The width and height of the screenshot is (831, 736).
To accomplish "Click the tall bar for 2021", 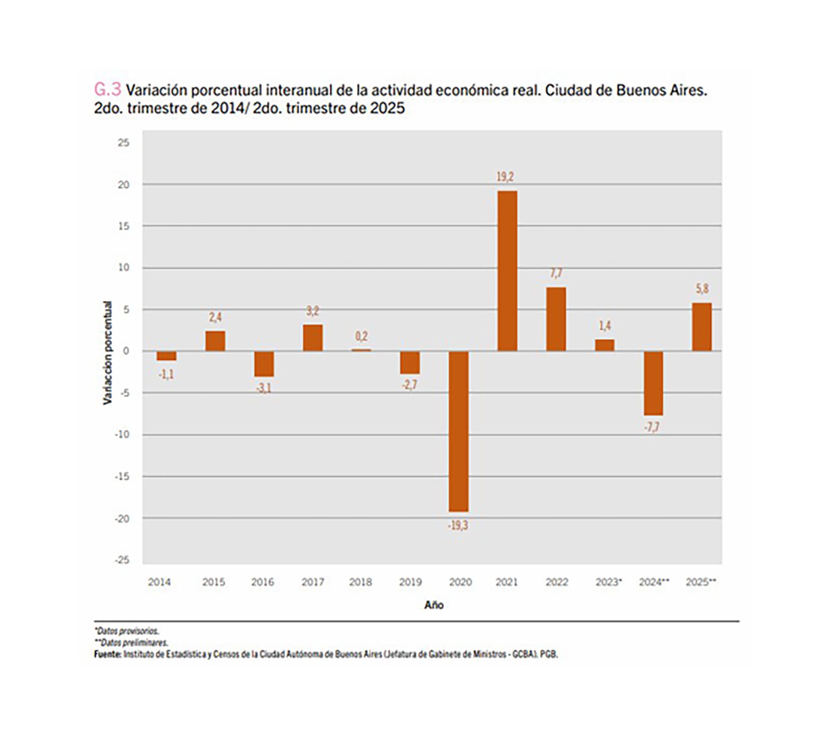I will point(507,270).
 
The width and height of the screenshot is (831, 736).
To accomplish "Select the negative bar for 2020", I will point(458,431).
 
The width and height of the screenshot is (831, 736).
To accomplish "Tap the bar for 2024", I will point(653,383).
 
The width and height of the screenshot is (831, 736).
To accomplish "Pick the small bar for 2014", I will point(166,356).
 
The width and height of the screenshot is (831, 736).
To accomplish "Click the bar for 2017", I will point(312,337).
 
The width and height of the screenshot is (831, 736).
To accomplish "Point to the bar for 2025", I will point(702,327).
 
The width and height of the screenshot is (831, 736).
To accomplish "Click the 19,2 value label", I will point(505,177).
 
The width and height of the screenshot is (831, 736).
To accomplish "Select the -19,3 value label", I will point(457,526).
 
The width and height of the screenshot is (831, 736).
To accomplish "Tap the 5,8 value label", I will point(702,289).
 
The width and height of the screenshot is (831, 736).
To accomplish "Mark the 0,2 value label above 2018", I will point(361,336).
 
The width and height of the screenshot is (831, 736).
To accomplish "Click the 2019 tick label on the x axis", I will point(410,582).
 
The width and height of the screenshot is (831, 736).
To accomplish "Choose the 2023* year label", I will point(608,582).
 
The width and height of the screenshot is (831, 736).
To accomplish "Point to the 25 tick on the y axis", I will point(123,143).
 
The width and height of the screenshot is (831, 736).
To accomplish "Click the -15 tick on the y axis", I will point(122,476).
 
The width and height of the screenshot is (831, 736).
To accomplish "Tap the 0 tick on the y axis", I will point(126,351).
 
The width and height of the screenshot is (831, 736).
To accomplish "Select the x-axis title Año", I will point(434,605).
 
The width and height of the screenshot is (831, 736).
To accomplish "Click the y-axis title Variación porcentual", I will point(107,353).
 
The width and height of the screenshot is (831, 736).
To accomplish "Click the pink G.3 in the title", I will point(107,90).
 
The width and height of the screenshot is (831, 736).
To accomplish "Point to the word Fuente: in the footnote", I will point(107,654).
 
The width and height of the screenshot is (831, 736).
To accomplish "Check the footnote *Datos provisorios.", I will point(126,631).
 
